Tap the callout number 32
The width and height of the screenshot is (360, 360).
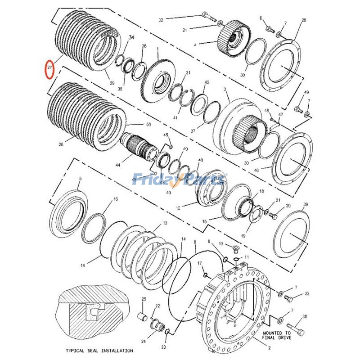161,20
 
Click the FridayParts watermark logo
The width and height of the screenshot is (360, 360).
180,179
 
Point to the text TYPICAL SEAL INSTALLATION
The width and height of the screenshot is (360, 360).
99,350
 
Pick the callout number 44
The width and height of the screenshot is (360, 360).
118,165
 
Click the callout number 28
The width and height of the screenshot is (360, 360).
304,20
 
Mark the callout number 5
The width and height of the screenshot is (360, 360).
80,179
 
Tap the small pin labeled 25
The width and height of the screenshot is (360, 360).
144,313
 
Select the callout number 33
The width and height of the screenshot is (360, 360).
307,294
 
